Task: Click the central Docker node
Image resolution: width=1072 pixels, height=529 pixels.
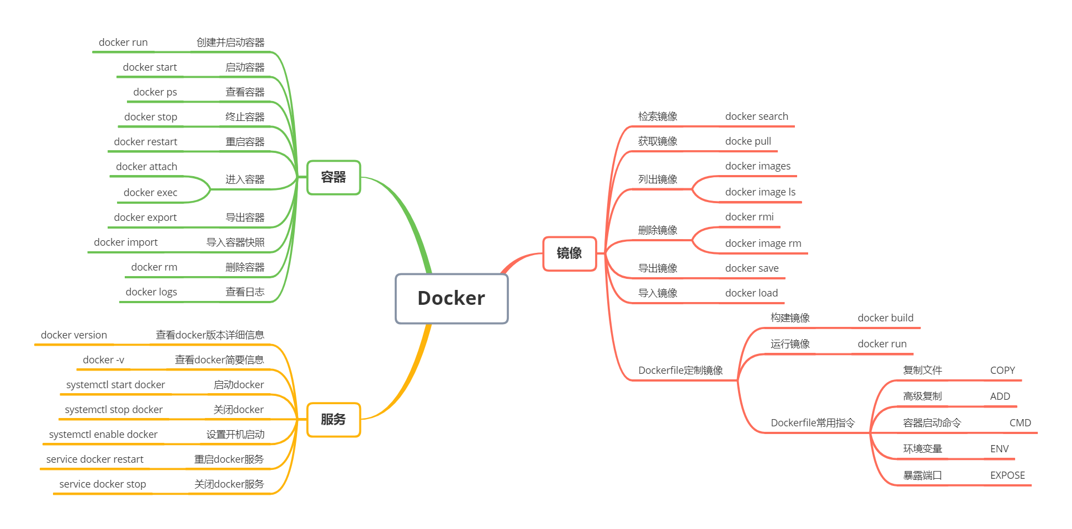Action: (452, 299)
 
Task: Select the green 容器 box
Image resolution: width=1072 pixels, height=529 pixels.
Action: (333, 177)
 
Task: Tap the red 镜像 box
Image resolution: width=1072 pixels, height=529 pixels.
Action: (569, 253)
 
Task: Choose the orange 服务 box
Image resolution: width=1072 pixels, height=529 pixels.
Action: (333, 420)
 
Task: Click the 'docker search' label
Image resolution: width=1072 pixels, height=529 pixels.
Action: (756, 117)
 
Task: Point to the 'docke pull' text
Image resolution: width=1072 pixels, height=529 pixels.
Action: (748, 141)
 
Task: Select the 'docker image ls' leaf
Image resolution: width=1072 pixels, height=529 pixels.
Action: (760, 192)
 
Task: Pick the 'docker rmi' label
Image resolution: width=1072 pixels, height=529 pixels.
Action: (749, 217)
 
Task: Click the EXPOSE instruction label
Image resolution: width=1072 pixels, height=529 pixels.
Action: (1007, 475)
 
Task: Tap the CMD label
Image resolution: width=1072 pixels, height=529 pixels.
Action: (1020, 423)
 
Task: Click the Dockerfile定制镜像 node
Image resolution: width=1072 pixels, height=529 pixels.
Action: (680, 371)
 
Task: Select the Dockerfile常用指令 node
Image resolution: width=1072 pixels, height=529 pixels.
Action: (813, 423)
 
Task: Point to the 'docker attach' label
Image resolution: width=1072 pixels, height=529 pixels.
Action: (146, 167)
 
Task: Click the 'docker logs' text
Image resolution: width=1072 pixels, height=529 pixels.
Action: (151, 292)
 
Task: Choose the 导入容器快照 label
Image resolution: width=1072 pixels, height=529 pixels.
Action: (235, 242)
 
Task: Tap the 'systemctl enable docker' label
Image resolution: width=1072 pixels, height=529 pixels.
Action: (103, 435)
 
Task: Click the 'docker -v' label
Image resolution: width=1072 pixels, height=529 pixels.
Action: (103, 360)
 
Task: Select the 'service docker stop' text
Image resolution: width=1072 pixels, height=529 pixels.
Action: (103, 484)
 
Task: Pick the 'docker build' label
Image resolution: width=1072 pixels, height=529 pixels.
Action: (885, 318)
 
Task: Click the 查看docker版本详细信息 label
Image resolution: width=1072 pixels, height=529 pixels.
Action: (210, 335)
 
